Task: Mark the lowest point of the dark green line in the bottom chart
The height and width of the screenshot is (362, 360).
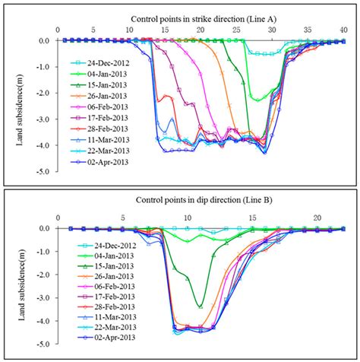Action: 200,306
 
